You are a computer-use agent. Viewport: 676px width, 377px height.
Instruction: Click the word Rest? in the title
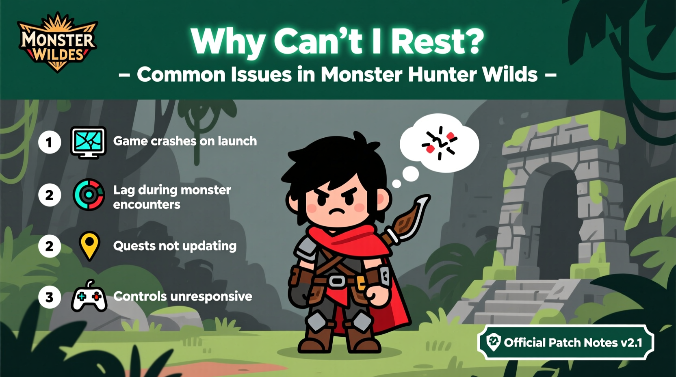point(438,41)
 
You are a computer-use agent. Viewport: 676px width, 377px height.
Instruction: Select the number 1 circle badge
point(50,142)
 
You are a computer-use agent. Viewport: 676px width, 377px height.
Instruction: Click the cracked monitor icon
point(89,142)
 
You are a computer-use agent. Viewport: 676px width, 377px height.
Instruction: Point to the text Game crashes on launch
point(185,141)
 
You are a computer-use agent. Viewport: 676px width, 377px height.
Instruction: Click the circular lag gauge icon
point(89,195)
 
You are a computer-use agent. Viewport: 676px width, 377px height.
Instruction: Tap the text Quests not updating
point(175,246)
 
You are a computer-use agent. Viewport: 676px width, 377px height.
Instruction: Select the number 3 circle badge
point(50,297)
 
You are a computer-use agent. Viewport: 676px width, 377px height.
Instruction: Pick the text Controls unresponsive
point(182,296)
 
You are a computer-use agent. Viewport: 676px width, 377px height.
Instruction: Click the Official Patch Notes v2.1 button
point(565,342)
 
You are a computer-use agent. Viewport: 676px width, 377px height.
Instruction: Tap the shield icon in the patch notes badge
point(494,342)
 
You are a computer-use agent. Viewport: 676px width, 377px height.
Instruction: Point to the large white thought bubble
point(440,143)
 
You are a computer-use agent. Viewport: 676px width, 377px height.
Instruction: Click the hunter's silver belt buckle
point(336,281)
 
